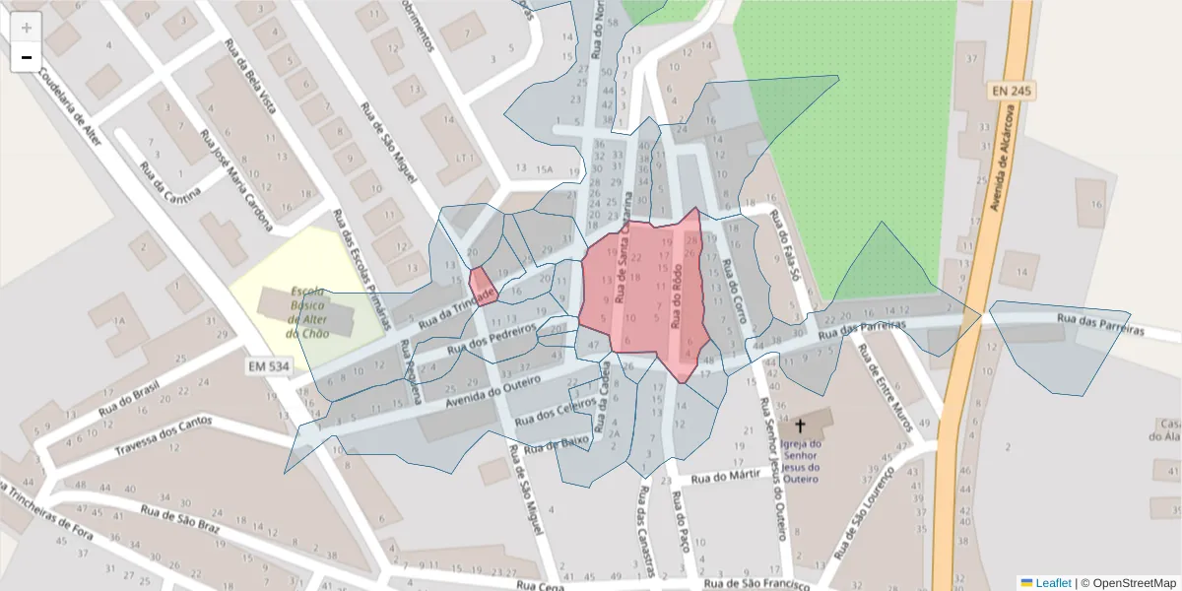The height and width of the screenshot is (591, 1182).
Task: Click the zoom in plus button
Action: point(27,28)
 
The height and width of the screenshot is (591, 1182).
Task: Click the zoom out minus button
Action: point(27,57)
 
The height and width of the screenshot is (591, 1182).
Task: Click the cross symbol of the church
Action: point(800,427)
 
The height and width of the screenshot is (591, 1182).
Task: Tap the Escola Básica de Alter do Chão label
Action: point(307,312)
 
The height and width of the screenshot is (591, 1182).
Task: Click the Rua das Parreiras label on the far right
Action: point(1100,324)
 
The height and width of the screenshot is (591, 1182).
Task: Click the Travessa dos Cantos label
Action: point(164,435)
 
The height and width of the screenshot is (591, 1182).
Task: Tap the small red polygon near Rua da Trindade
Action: point(482,287)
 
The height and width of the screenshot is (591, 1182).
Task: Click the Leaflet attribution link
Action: point(1052,583)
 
